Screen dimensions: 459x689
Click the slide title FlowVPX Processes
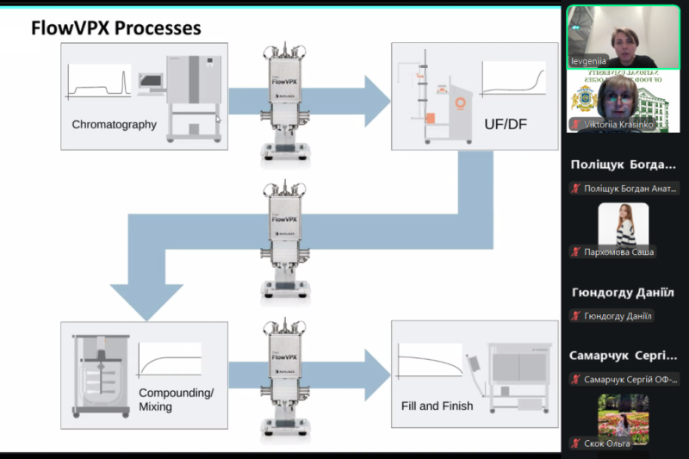coord(116,28)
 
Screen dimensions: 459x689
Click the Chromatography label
coord(114,124)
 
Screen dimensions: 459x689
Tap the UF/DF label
coord(506,125)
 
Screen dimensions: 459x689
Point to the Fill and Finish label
coord(437,405)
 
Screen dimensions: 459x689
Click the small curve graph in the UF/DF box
coord(513,78)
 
